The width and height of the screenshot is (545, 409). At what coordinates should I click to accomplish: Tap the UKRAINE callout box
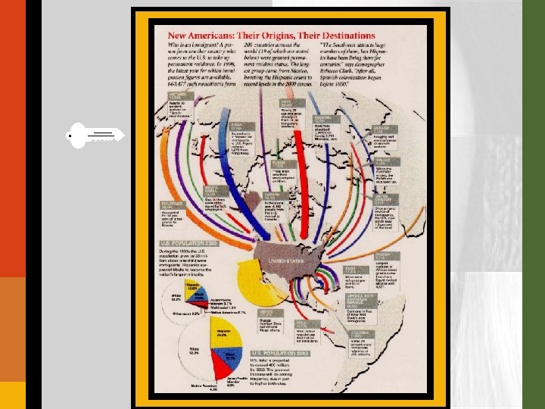pos(386,130)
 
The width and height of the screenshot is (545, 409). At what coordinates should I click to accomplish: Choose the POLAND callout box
pos(386,161)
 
